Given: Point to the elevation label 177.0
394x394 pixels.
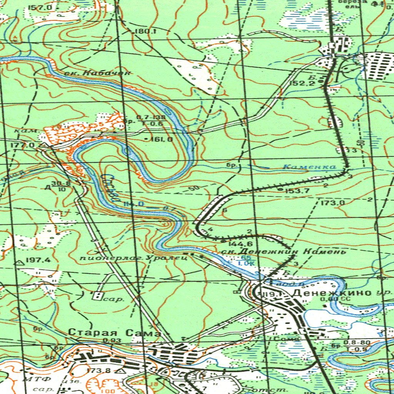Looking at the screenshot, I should point(23,145).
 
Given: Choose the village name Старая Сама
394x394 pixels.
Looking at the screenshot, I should point(114,332).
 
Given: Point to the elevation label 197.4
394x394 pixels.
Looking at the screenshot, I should point(38,260).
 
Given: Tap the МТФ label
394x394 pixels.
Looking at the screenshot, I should point(33,379).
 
